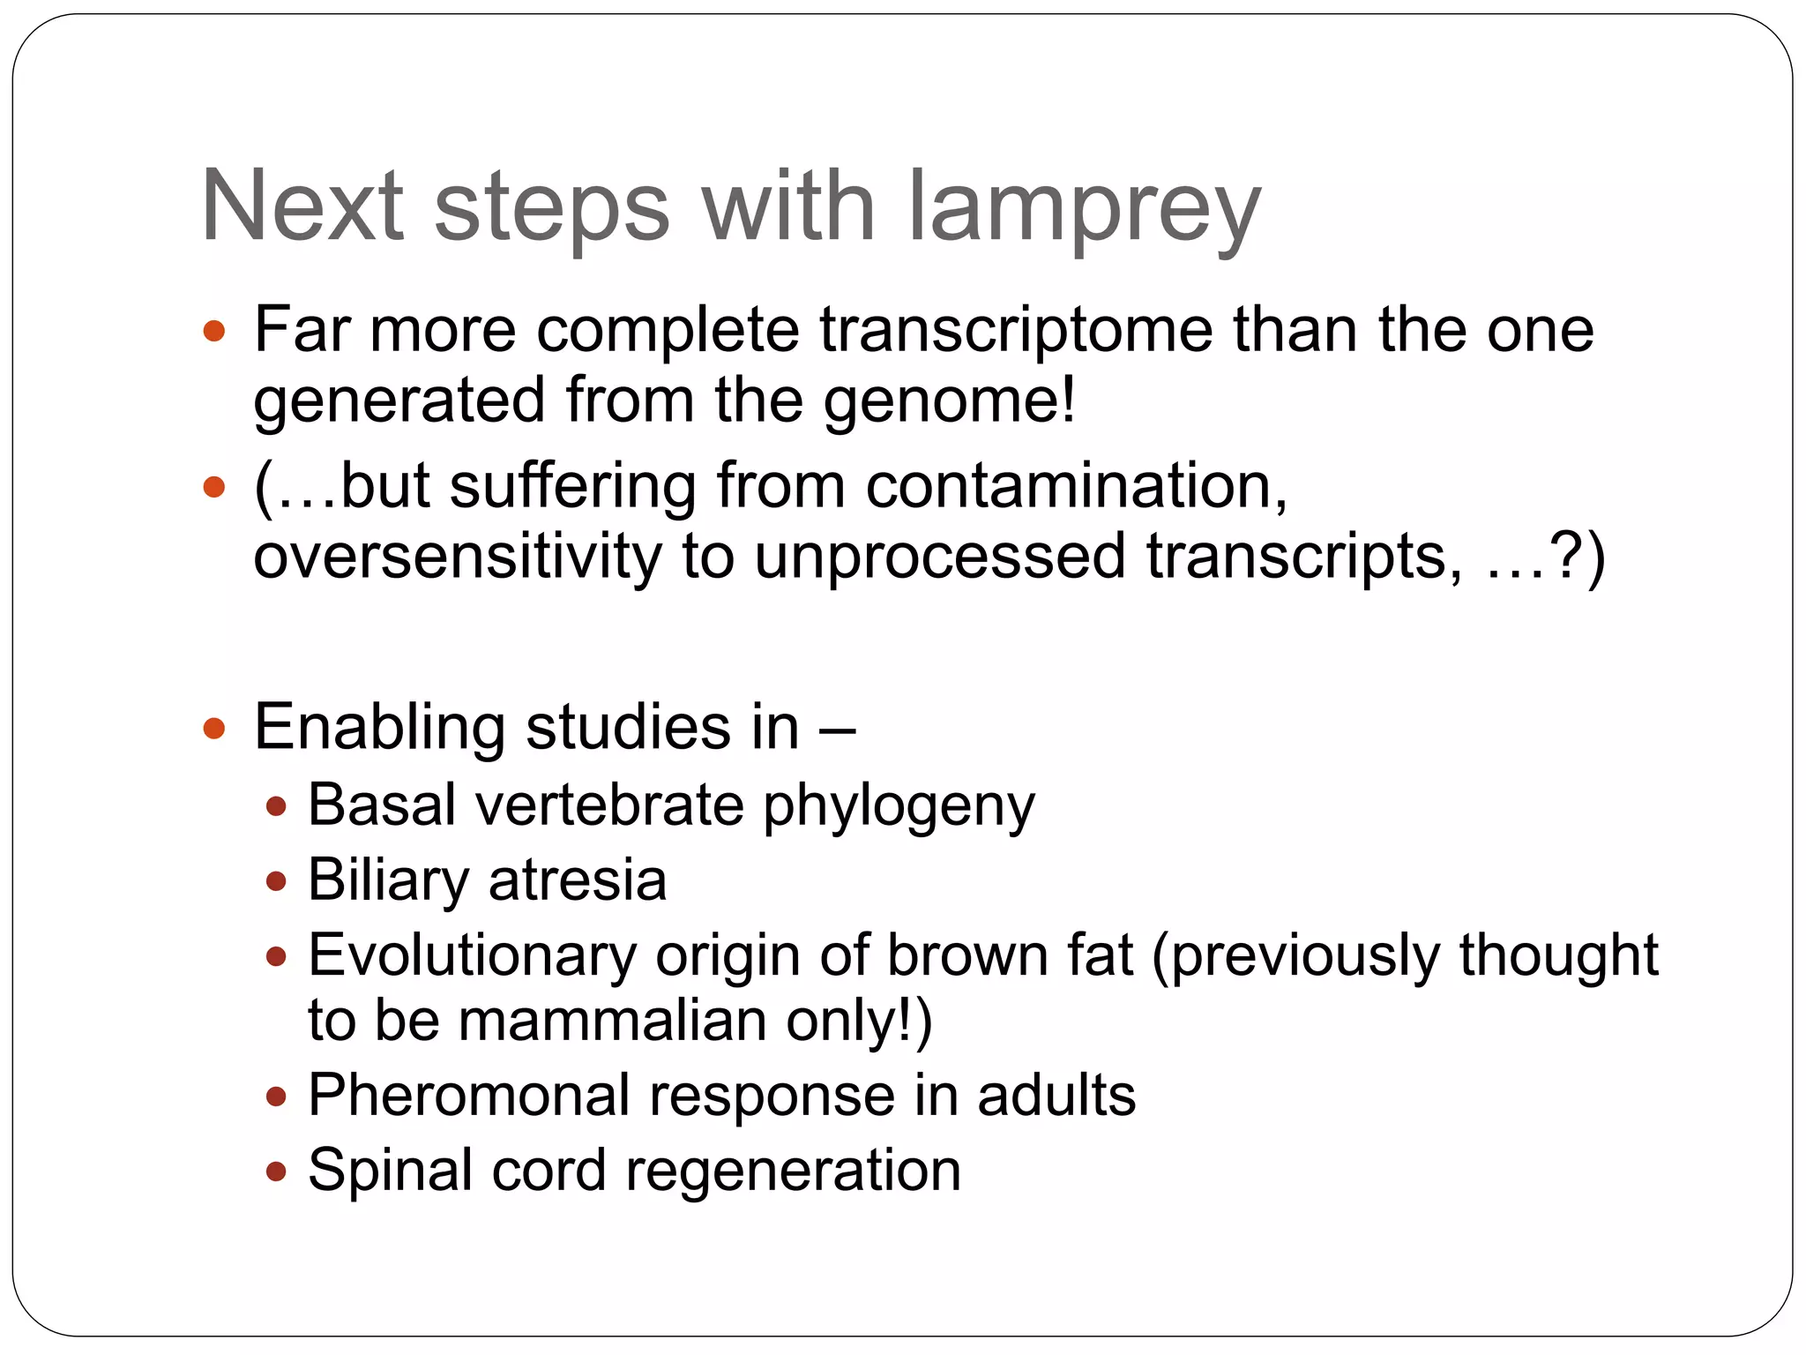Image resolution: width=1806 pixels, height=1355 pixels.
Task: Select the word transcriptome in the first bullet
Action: [1016, 329]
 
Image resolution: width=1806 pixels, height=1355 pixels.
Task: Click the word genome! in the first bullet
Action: [950, 400]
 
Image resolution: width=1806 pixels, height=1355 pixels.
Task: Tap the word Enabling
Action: [379, 728]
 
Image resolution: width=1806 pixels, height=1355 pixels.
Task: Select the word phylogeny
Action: [899, 806]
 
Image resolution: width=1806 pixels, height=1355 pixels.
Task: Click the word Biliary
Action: [389, 880]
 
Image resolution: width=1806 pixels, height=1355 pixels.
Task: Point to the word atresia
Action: [578, 880]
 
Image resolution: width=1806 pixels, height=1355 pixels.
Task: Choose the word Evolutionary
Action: [472, 956]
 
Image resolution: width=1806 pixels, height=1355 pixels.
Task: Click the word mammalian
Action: [612, 1021]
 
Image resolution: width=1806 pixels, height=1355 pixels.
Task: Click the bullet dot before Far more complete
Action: [214, 332]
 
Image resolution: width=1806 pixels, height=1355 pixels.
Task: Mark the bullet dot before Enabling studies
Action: [214, 729]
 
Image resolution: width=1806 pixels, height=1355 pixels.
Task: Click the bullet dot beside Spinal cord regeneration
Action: [276, 1172]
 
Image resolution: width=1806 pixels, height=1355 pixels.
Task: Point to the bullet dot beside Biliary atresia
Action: [276, 880]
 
